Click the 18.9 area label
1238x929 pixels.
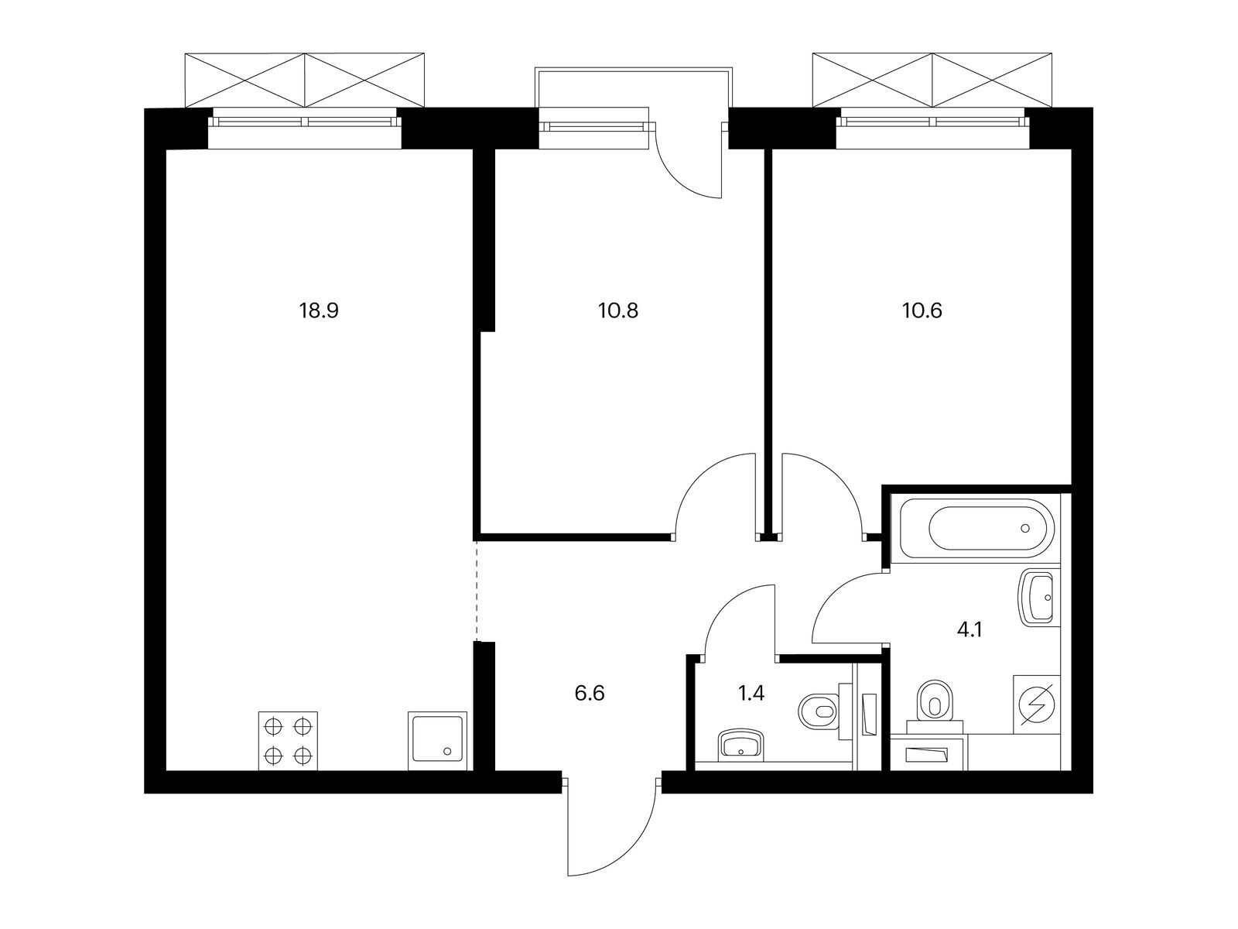[x=319, y=310]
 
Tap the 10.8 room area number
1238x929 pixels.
[x=618, y=310]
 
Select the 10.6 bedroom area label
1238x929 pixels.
[x=922, y=310]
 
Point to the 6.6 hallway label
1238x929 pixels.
[x=590, y=693]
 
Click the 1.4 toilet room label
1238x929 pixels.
[x=751, y=693]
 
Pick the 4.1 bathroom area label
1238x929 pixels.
[x=970, y=629]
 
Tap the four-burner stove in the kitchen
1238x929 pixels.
[x=288, y=741]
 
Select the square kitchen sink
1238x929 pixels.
[x=438, y=741]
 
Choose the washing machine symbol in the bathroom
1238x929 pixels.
[x=1037, y=704]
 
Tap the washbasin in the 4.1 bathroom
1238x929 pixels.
[x=1038, y=598]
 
